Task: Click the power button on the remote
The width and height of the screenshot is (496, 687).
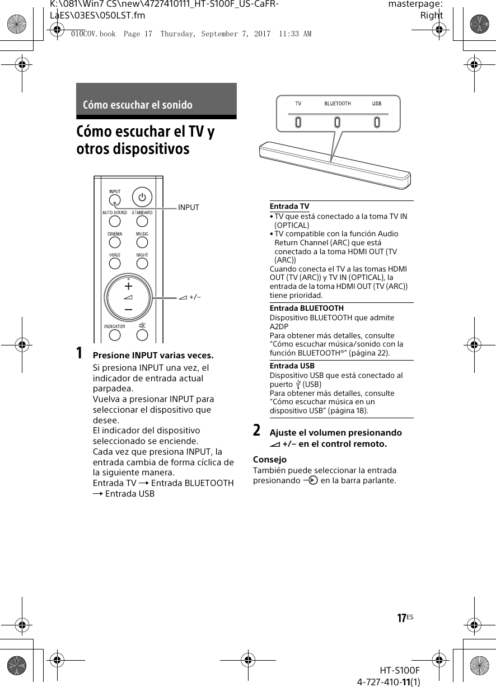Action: coord(142,198)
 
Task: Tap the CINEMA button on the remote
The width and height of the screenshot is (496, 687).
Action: coord(115,242)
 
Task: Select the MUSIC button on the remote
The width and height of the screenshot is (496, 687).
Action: coord(142,242)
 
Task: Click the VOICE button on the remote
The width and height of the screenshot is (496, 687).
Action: coord(115,264)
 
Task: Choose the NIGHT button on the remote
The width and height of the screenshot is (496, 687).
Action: coord(142,264)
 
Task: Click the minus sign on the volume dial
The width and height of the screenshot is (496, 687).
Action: coord(129,309)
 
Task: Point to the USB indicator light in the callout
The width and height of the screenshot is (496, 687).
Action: coord(377,121)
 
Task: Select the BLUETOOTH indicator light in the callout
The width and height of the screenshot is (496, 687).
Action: coord(338,121)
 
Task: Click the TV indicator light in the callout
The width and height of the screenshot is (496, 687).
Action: coord(298,121)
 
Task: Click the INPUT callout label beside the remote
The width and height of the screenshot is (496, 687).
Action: coord(189,208)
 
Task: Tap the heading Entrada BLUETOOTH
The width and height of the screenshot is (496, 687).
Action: coord(307,308)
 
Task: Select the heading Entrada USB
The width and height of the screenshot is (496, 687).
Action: coord(292,366)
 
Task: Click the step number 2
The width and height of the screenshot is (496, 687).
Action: coord(256,431)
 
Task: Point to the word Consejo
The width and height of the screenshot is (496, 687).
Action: coord(270,460)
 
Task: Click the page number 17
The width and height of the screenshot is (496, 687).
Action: coord(401,618)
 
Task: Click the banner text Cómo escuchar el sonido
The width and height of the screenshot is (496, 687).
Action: coord(138,105)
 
